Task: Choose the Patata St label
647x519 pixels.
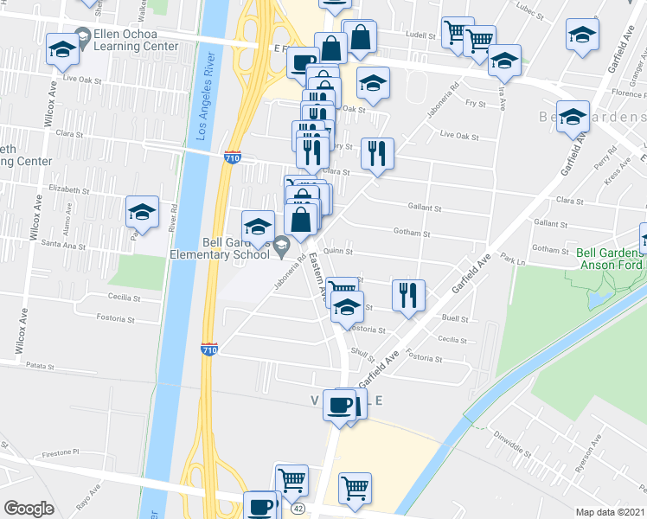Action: coord(41,365)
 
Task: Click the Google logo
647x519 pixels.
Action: coord(29,509)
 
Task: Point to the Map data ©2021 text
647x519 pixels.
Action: coord(611,512)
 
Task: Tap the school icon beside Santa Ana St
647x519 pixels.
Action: coord(143,212)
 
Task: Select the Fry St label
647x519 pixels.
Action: coord(475,104)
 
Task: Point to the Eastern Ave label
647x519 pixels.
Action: coord(317,277)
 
